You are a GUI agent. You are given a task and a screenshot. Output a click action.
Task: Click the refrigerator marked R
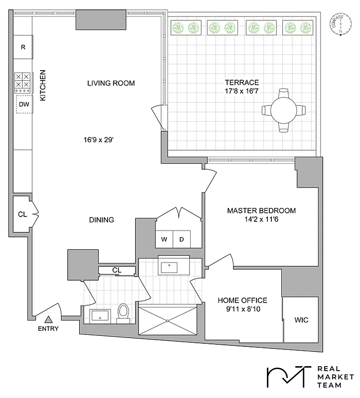pos(23,48)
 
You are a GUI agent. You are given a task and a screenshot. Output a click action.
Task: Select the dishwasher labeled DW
pos(23,104)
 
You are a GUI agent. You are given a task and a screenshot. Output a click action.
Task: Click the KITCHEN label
pos(43,85)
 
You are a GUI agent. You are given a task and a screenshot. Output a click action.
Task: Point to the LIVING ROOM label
pos(111,83)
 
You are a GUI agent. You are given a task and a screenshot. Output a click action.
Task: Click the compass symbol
pos(341,23)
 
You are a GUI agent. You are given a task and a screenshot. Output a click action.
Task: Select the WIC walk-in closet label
pos(301,320)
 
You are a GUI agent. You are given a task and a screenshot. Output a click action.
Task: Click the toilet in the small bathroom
pos(122,312)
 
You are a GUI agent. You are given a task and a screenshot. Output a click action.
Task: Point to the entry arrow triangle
pos(48,320)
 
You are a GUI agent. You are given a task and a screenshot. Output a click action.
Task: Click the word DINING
pos(102,219)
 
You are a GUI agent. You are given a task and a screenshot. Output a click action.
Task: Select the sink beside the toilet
pos(101,315)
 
